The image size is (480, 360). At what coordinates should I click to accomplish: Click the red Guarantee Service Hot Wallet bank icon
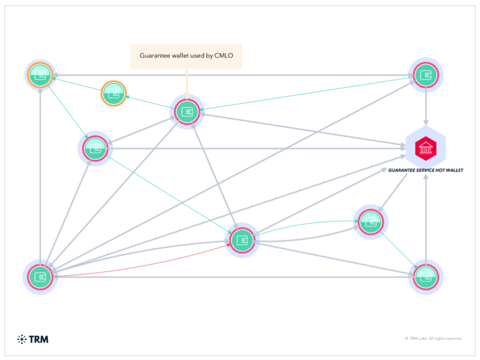click(x=425, y=148)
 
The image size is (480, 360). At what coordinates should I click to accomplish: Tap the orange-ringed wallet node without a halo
click(x=114, y=93)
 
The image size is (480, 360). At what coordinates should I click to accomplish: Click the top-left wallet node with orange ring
click(x=40, y=75)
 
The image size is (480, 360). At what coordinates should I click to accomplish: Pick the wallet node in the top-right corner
click(x=425, y=75)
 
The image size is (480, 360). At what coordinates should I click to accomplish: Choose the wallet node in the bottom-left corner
click(x=40, y=276)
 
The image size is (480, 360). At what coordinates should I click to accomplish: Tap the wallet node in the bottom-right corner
click(x=425, y=276)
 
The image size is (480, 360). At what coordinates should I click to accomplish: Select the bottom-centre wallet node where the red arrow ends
click(x=242, y=240)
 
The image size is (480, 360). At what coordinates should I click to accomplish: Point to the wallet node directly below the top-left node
click(x=95, y=148)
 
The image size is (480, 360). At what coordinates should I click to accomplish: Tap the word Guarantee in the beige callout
click(x=155, y=55)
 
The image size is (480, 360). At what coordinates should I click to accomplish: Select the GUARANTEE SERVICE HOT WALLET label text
click(x=425, y=170)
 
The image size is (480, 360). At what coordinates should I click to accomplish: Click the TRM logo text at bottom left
click(x=39, y=339)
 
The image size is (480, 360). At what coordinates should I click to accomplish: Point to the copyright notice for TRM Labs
click(x=433, y=338)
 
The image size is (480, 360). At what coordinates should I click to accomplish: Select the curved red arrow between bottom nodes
click(x=140, y=264)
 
